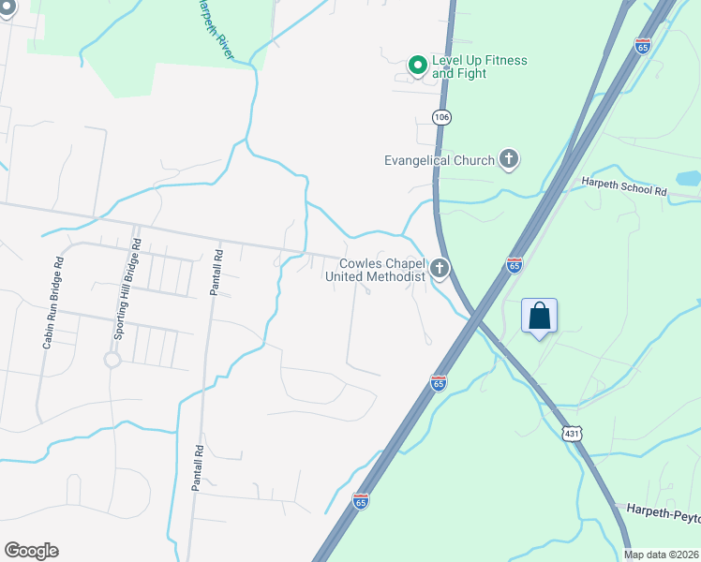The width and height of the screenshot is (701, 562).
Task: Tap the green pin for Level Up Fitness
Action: [x=417, y=66]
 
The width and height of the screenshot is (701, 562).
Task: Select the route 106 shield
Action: [x=441, y=116]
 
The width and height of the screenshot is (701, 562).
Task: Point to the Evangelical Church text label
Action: [x=439, y=160]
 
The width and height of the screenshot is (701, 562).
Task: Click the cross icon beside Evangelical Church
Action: [x=508, y=159]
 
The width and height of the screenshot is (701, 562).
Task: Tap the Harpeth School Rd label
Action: [x=623, y=185]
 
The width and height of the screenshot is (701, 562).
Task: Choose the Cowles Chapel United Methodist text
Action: [x=375, y=270]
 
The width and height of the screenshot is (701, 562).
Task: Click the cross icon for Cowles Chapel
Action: [x=439, y=271]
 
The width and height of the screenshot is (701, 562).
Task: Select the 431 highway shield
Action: [x=574, y=434]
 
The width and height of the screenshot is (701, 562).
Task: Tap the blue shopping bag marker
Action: [x=539, y=316]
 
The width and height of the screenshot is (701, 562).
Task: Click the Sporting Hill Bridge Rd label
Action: [x=127, y=288]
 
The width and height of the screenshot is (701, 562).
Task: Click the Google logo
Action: [x=31, y=551]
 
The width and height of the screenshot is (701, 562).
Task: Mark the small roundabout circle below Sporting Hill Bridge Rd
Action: [x=112, y=360]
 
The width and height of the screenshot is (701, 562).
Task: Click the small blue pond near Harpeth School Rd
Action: [x=688, y=178]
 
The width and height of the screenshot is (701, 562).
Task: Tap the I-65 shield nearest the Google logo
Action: [x=362, y=501]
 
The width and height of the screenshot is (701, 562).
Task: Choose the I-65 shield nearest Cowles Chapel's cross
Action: [x=515, y=266]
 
